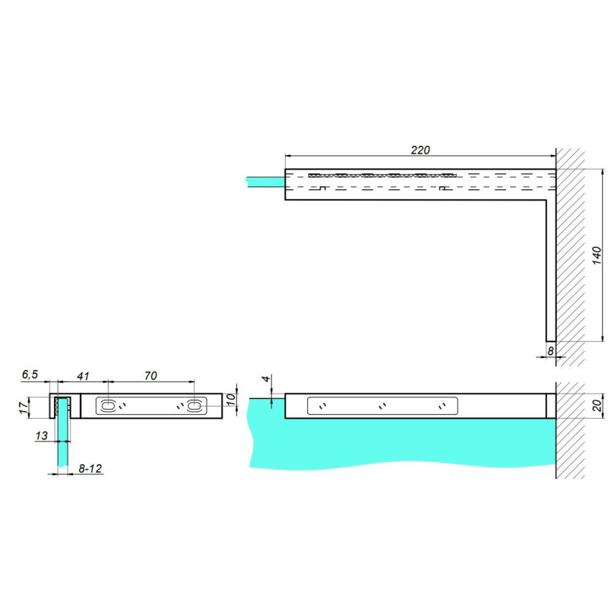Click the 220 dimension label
pos(420,150)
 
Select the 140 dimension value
pos(597,255)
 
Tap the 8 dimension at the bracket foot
pos(550,351)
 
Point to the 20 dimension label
pos(597,405)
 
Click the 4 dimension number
pos(266,378)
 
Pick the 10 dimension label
pos(231,400)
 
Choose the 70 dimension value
pos(150,375)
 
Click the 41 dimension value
pos(83,376)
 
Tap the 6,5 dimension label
pos(30,375)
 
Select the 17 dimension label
pos(24,408)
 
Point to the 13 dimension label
pos(42,435)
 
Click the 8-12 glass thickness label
pos(90,468)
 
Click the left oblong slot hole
pos(106,406)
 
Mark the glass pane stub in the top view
pos(265,182)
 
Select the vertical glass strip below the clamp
pos(62,442)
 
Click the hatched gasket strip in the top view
pos(382,176)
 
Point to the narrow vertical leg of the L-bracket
pos(551,271)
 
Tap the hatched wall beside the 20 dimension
pos(570,430)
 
